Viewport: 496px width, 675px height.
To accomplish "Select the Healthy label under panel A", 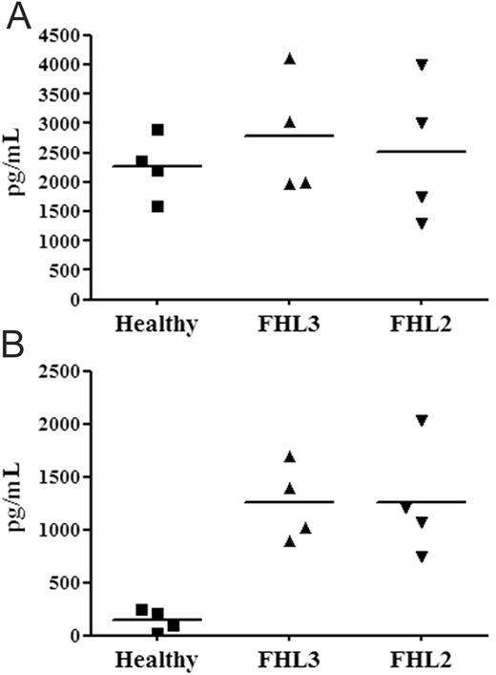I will (x=155, y=324).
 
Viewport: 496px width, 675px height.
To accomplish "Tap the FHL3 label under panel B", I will (x=290, y=660).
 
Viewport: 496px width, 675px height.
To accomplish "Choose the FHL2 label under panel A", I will (x=421, y=324).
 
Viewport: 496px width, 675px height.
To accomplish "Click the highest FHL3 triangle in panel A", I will (x=290, y=59).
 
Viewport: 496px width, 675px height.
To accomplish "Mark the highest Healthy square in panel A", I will (x=157, y=130).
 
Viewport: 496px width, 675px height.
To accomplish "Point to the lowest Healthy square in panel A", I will (x=157, y=206).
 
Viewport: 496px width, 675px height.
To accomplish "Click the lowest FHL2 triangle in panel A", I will (x=421, y=223).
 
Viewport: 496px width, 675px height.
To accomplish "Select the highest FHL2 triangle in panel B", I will (x=421, y=420).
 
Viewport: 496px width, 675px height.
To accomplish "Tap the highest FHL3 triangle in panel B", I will (x=290, y=456).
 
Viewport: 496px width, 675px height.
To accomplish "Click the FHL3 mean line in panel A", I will (x=290, y=137).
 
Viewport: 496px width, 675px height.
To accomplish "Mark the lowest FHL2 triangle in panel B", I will (x=421, y=557).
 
